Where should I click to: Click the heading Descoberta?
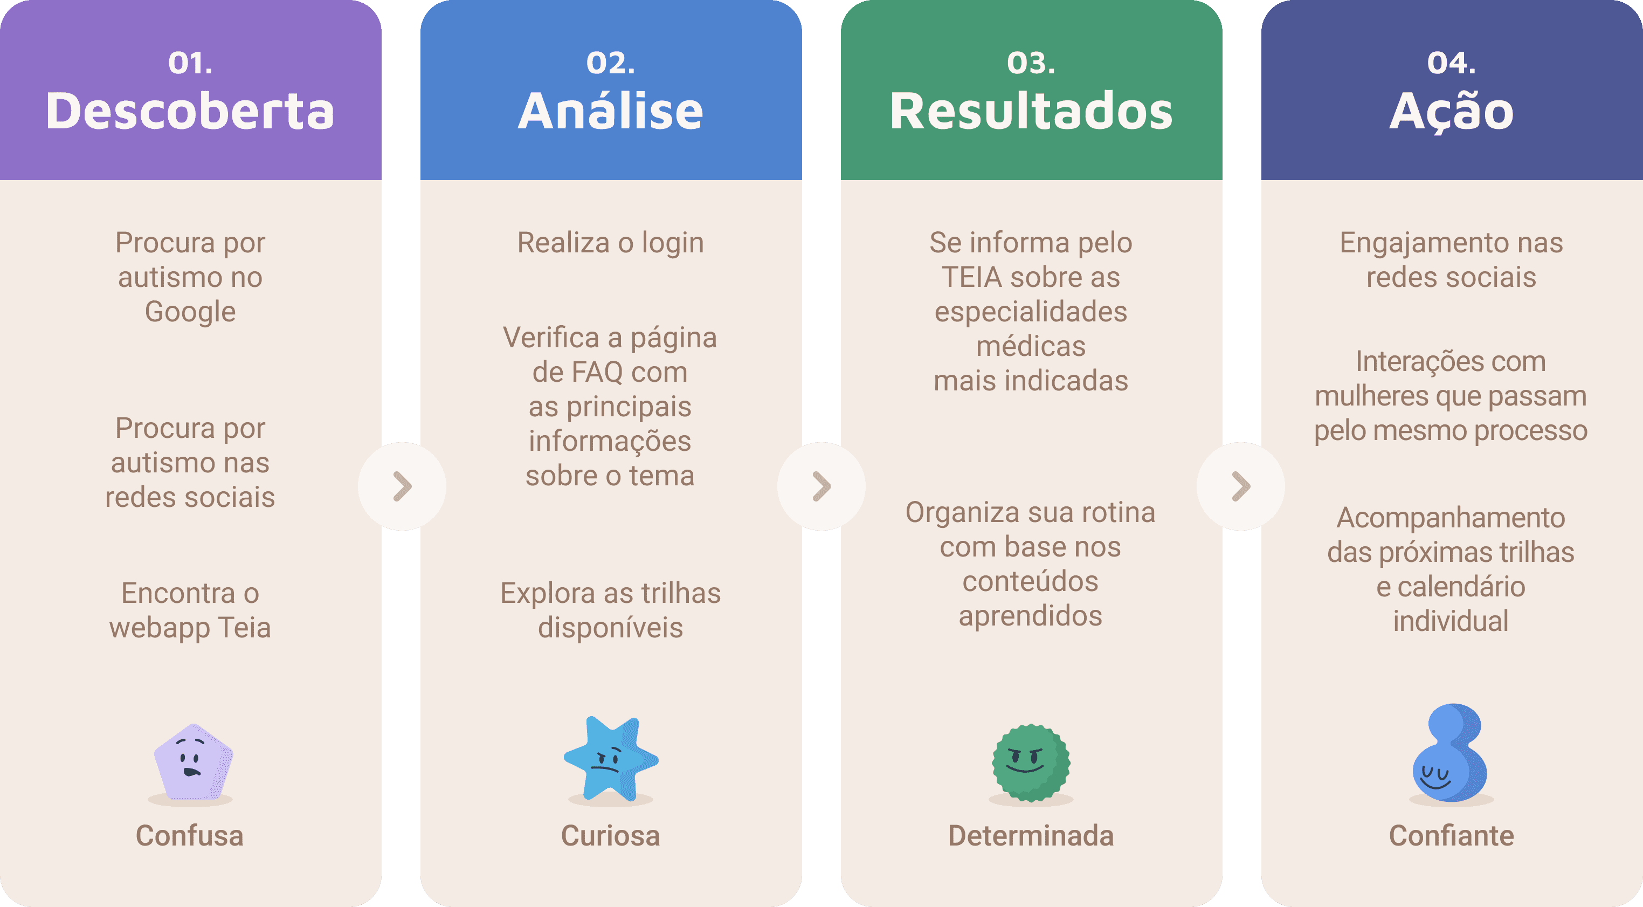190,112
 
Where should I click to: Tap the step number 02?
610,63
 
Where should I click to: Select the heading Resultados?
1031,112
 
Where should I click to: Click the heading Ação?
1451,112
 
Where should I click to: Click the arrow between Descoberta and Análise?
402,486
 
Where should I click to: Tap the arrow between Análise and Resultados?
821,486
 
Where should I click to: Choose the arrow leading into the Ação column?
1240,486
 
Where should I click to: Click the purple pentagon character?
192,761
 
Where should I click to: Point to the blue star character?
610,759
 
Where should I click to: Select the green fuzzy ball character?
1031,762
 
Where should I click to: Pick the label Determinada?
1031,836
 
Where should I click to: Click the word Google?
190,312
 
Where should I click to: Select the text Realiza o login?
610,243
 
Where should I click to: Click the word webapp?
160,628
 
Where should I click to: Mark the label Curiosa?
610,836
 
